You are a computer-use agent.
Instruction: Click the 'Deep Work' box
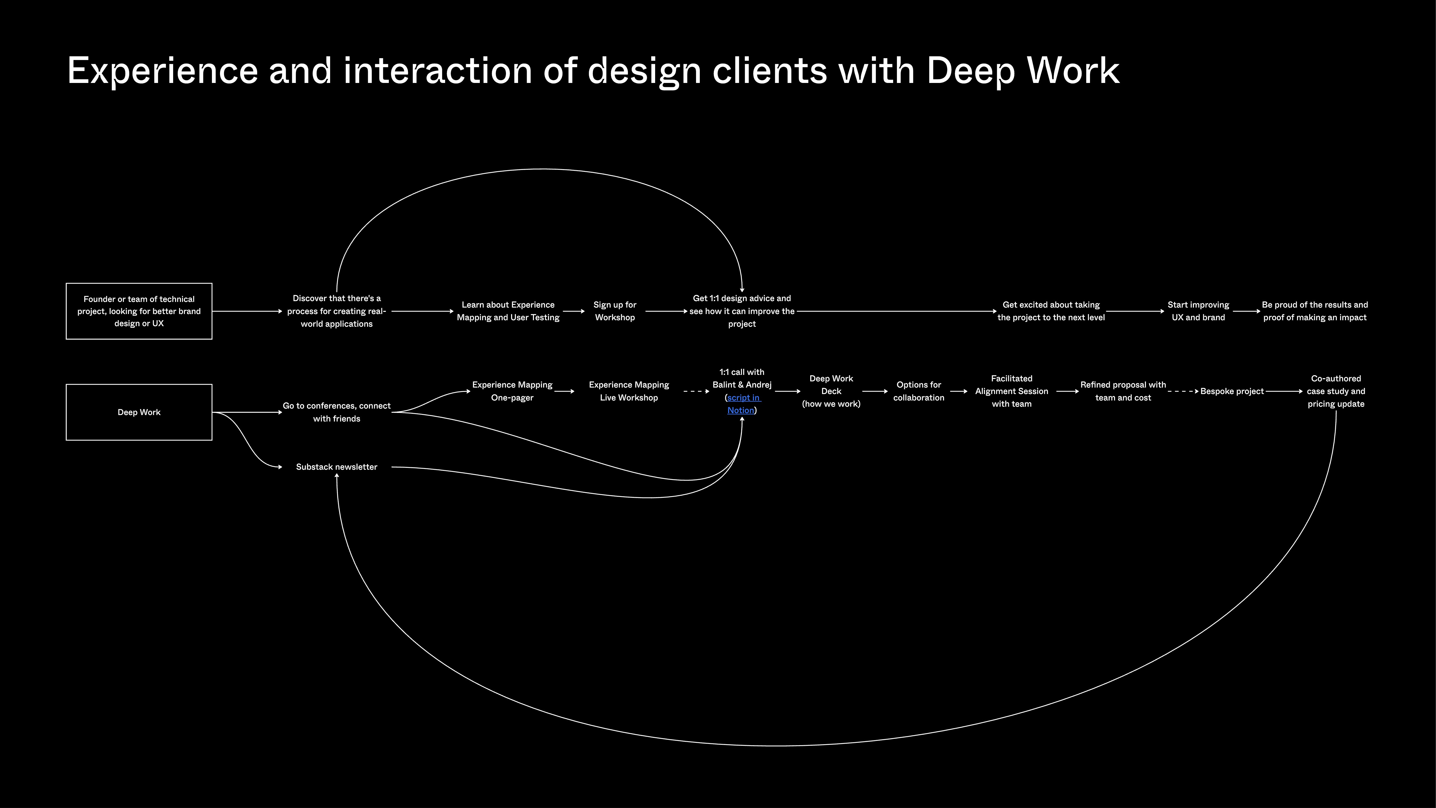(139, 412)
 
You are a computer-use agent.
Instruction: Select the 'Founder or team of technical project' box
(139, 311)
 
